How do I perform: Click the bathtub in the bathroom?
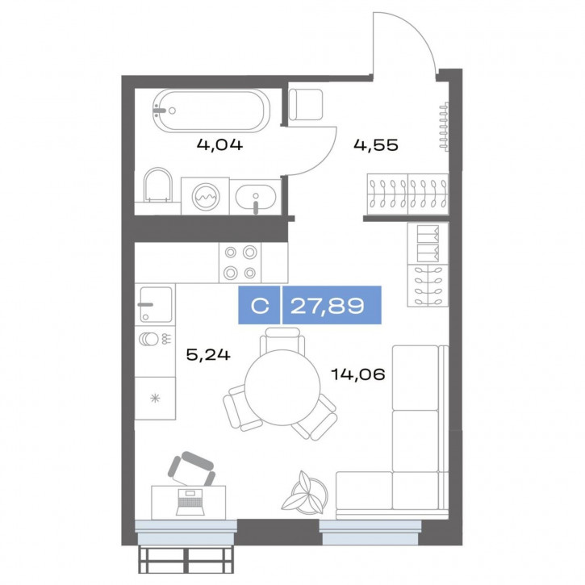click(211, 111)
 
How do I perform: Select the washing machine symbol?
click(205, 196)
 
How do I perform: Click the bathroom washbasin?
click(256, 197)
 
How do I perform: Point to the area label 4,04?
click(219, 144)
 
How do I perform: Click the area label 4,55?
click(376, 144)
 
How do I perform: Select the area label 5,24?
click(208, 354)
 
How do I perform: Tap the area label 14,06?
click(357, 374)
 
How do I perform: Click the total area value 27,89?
click(328, 306)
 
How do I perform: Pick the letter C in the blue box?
click(260, 306)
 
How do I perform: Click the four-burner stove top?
click(240, 263)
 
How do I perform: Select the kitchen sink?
click(156, 304)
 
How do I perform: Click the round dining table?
click(282, 387)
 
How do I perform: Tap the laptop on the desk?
click(190, 502)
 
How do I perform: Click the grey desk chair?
click(193, 468)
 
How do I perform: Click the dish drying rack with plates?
click(155, 339)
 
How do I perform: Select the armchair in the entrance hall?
click(306, 104)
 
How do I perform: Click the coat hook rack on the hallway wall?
click(444, 126)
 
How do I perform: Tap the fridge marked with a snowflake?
click(155, 398)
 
